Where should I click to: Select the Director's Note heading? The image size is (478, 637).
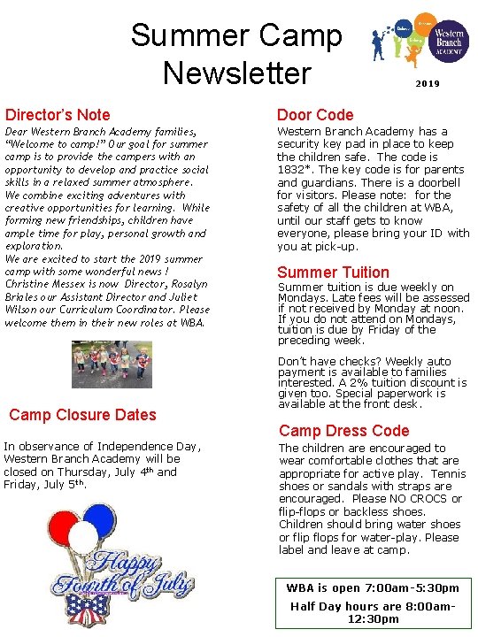tap(58, 114)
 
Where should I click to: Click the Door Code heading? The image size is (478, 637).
tap(315, 114)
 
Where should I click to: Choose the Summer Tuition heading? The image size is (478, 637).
tap(333, 272)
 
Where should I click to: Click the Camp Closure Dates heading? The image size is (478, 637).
tap(81, 414)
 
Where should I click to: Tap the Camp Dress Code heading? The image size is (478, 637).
tap(344, 431)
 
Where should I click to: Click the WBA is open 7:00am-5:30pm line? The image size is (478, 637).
tap(372, 588)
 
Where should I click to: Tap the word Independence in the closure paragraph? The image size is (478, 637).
tap(135, 446)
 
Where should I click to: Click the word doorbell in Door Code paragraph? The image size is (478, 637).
tap(440, 181)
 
